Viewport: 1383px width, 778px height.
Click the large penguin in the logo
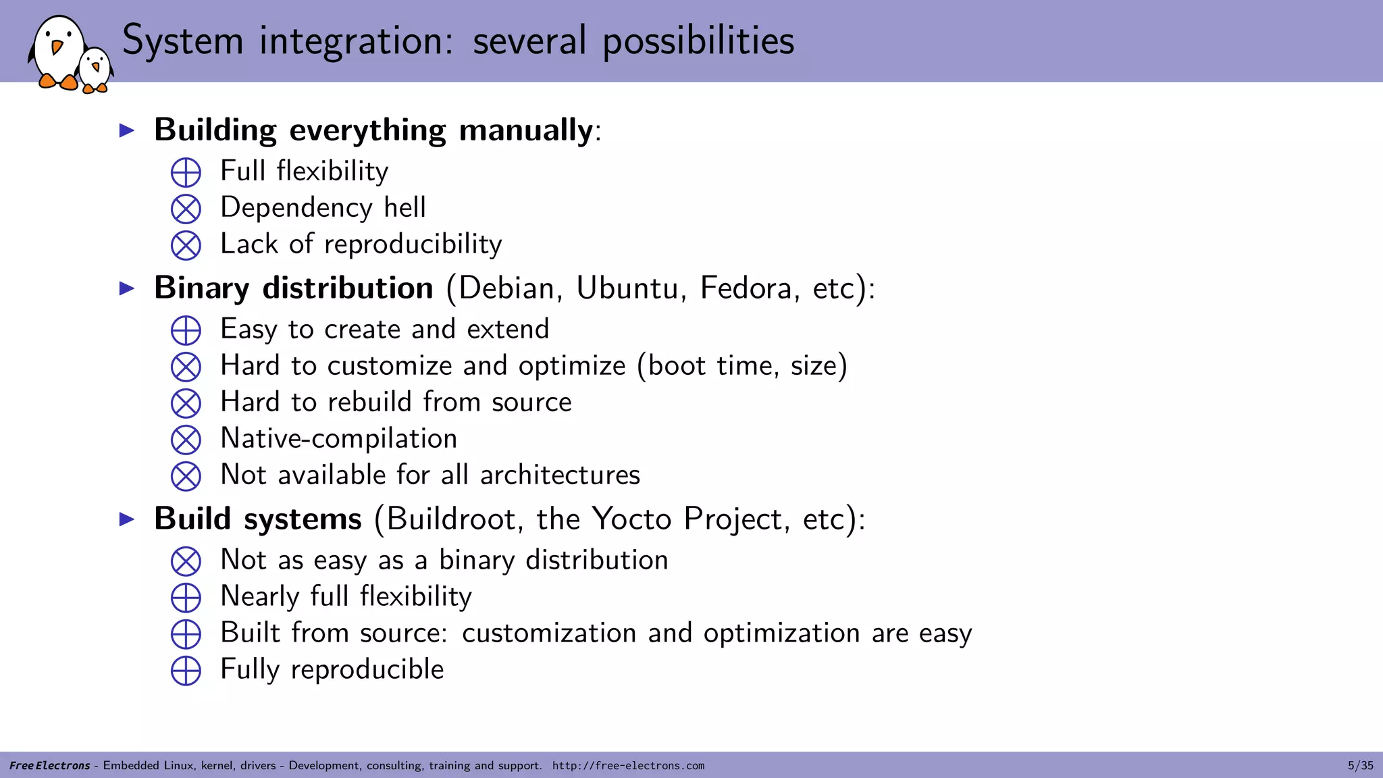(57, 53)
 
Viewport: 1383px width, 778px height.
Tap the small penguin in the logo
(95, 70)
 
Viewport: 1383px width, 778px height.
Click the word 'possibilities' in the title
(698, 41)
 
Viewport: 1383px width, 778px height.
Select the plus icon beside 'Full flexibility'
(186, 172)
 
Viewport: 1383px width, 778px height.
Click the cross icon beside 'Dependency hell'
(186, 209)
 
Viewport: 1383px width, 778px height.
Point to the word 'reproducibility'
(413, 244)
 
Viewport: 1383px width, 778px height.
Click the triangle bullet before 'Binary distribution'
(127, 288)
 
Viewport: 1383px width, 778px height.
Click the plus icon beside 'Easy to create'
(186, 331)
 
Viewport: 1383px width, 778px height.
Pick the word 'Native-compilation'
(339, 439)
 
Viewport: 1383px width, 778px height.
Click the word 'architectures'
(560, 475)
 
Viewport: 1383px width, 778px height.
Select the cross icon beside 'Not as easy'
(186, 561)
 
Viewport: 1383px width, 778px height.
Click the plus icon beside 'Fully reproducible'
(186, 671)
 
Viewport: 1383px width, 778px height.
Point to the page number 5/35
(1360, 766)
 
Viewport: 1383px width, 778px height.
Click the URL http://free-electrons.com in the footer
(628, 766)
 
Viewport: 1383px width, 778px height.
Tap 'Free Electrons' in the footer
(49, 766)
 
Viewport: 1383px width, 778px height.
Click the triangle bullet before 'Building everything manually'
(127, 130)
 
